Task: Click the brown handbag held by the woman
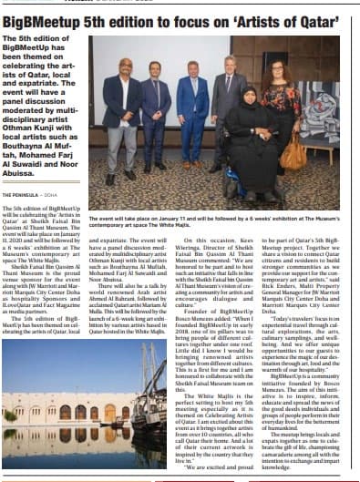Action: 294,153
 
